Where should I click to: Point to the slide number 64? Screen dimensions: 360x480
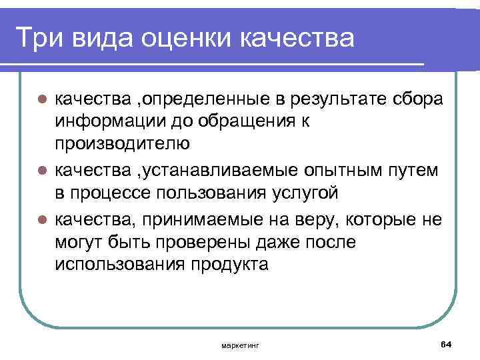click(446, 343)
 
